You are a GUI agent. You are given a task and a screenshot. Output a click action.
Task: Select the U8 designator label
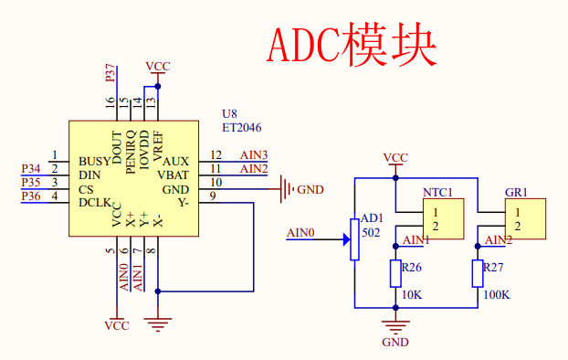230,113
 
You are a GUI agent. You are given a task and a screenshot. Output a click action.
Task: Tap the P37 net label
110,73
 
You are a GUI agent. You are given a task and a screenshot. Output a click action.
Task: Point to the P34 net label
30,168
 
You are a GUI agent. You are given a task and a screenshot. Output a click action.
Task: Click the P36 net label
30,196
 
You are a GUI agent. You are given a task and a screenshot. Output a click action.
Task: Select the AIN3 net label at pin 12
253,154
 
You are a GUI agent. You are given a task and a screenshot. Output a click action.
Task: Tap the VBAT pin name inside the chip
174,175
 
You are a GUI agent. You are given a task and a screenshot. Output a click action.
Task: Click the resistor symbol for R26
394,273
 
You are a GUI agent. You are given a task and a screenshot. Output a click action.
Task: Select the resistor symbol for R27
477,273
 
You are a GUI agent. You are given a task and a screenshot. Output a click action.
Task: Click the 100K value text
497,295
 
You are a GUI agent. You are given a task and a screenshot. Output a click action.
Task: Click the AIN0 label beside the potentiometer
300,232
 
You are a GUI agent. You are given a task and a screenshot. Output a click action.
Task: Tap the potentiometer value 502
371,233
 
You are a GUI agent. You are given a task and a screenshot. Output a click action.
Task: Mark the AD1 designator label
372,218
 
